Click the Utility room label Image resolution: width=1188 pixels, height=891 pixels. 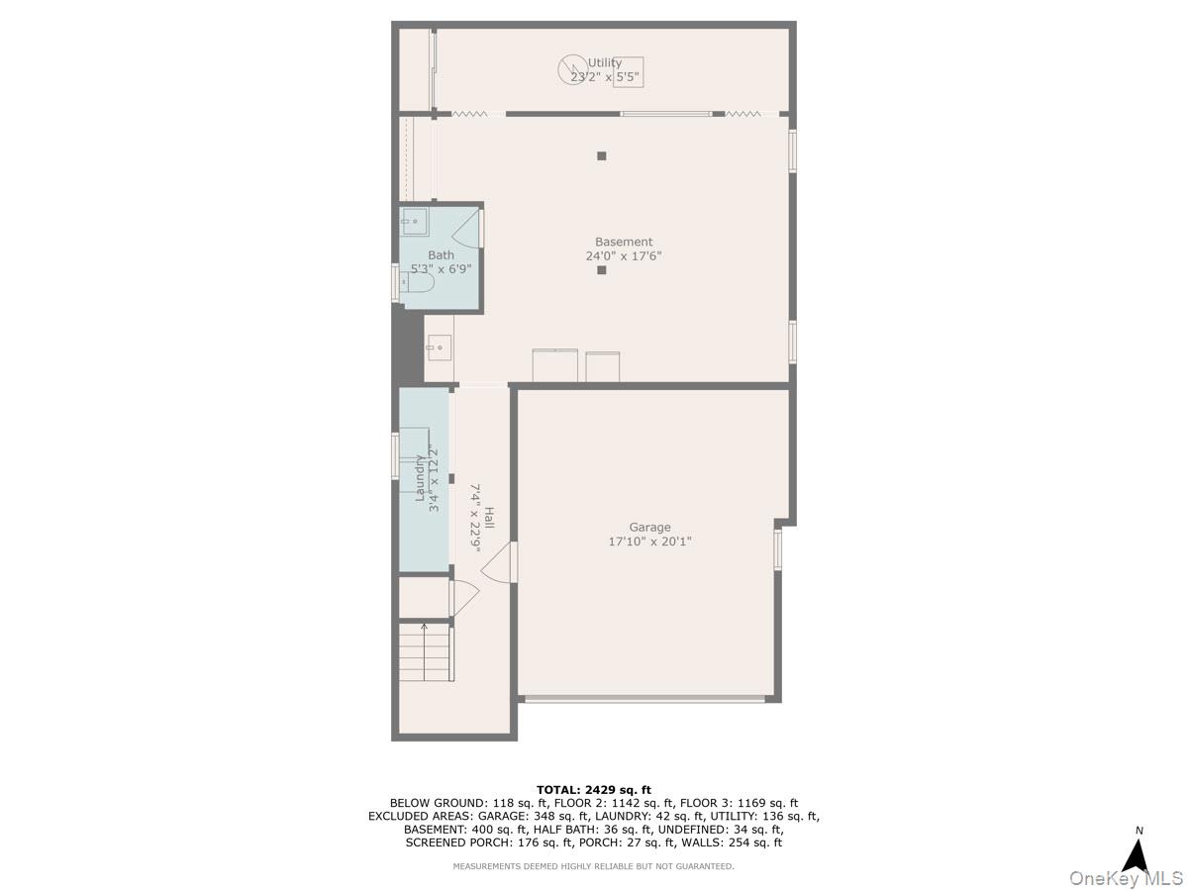(x=605, y=62)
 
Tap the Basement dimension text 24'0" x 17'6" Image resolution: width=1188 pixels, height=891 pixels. (x=624, y=255)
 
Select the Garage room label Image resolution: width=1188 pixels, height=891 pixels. (x=649, y=528)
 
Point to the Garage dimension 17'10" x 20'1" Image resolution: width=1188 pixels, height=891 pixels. (x=649, y=542)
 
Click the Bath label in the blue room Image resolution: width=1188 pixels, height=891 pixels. (x=442, y=254)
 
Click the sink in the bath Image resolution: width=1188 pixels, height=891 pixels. (x=416, y=222)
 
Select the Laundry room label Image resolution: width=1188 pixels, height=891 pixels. (x=420, y=479)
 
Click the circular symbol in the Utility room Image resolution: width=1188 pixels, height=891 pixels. (x=571, y=68)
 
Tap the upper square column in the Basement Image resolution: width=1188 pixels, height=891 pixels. (x=601, y=155)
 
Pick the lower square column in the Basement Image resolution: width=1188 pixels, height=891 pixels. (x=601, y=269)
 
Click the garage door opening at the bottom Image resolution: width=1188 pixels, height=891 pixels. (x=644, y=699)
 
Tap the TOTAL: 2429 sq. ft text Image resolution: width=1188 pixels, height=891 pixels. (x=594, y=789)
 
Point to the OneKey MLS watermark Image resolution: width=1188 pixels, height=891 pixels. (x=1125, y=877)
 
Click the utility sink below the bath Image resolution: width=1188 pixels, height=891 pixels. (x=439, y=348)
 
